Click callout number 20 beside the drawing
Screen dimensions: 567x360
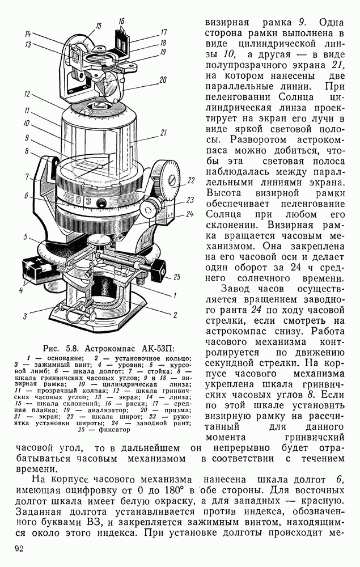163,79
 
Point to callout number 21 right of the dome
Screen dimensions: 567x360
163,133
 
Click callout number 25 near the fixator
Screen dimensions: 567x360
177,277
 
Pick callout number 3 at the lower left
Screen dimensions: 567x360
26,316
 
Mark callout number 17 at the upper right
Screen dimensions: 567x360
163,32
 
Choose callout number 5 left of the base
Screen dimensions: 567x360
26,236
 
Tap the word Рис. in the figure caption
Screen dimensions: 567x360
52,348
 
